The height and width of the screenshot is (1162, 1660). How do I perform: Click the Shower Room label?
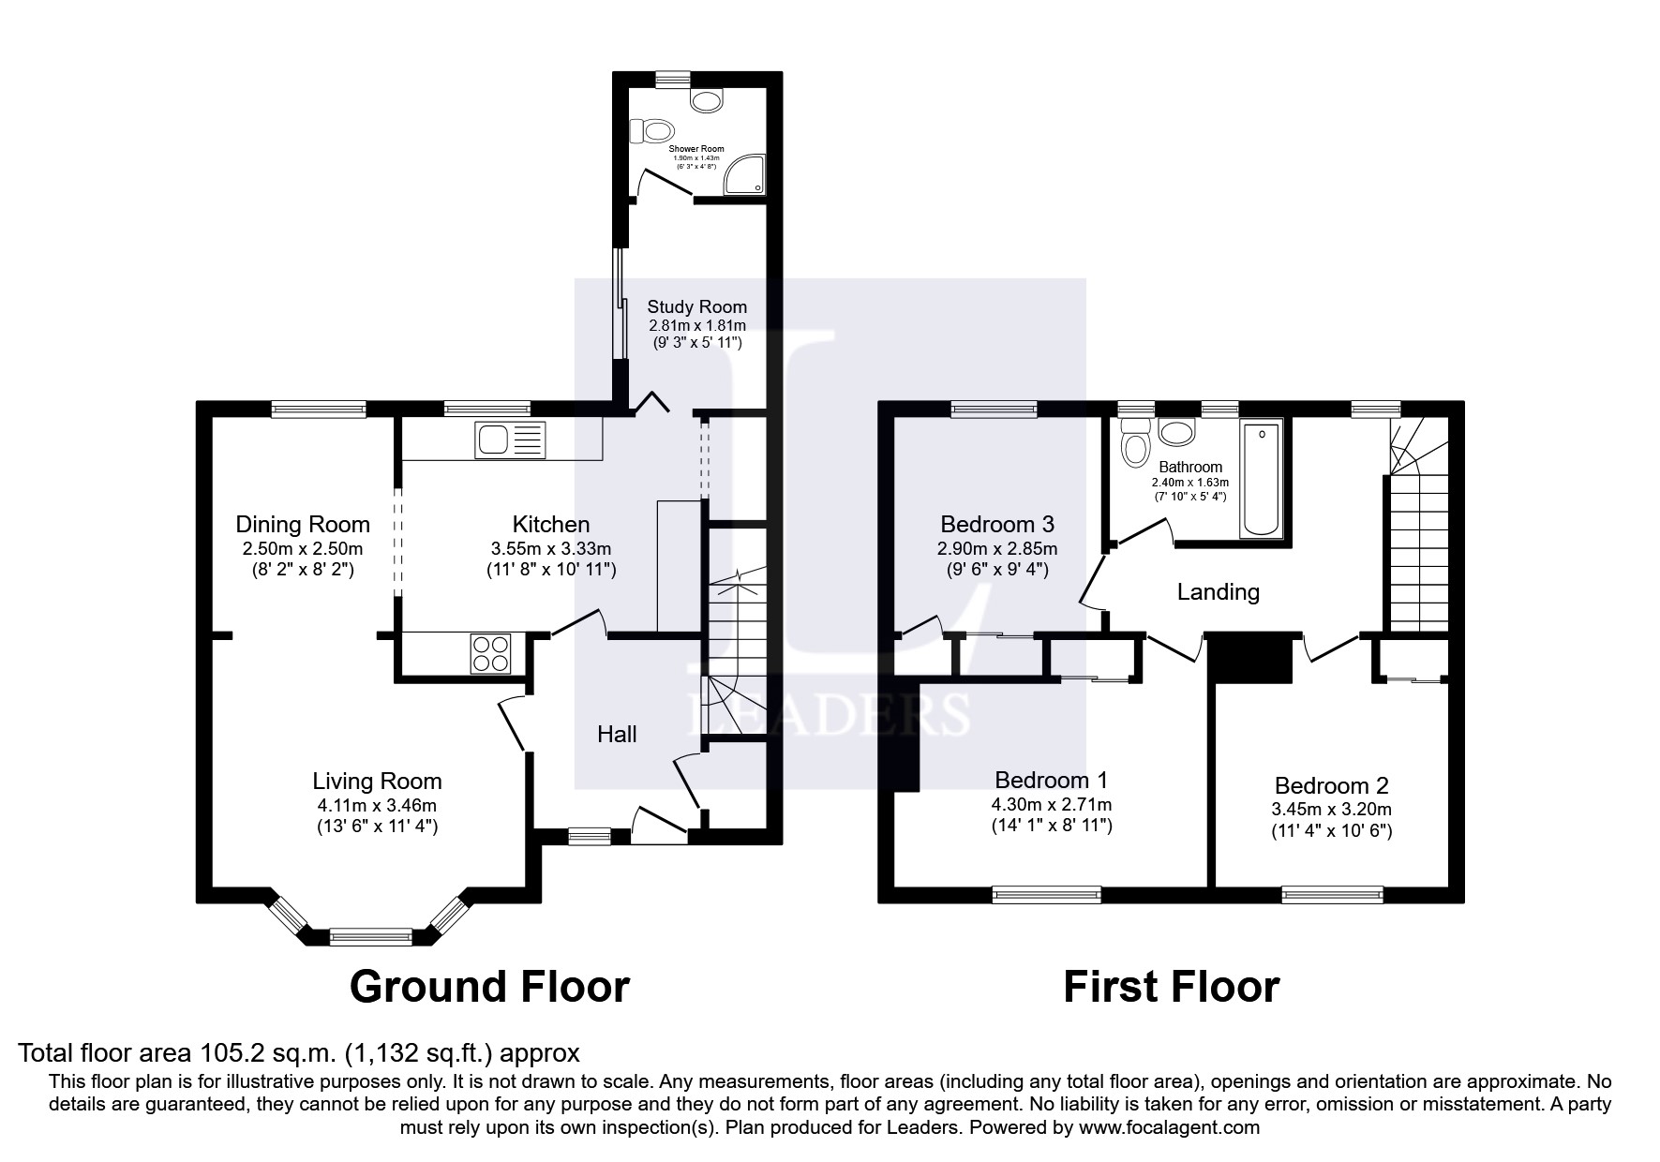[696, 149]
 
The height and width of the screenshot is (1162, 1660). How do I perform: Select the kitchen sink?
[510, 439]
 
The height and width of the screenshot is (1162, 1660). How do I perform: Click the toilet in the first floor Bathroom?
[1135, 443]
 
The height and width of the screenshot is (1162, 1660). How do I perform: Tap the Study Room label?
[697, 306]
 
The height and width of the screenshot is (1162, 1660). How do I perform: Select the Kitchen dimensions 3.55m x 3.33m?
[551, 548]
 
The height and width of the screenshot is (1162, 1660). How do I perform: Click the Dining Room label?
[303, 525]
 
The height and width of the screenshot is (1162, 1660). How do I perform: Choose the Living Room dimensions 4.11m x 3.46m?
[377, 805]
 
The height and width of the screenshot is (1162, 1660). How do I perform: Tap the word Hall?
[617, 734]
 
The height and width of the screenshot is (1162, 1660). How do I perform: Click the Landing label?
[1218, 592]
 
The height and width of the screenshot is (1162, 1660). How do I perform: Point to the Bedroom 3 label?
[997, 524]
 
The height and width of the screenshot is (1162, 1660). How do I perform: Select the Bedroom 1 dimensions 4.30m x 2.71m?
[1052, 804]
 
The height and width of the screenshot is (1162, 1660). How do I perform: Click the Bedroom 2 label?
[1331, 786]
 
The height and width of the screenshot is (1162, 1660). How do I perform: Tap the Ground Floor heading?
[489, 987]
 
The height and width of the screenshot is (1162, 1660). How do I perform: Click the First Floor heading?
[1171, 987]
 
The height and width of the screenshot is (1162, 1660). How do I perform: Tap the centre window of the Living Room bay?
[371, 934]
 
